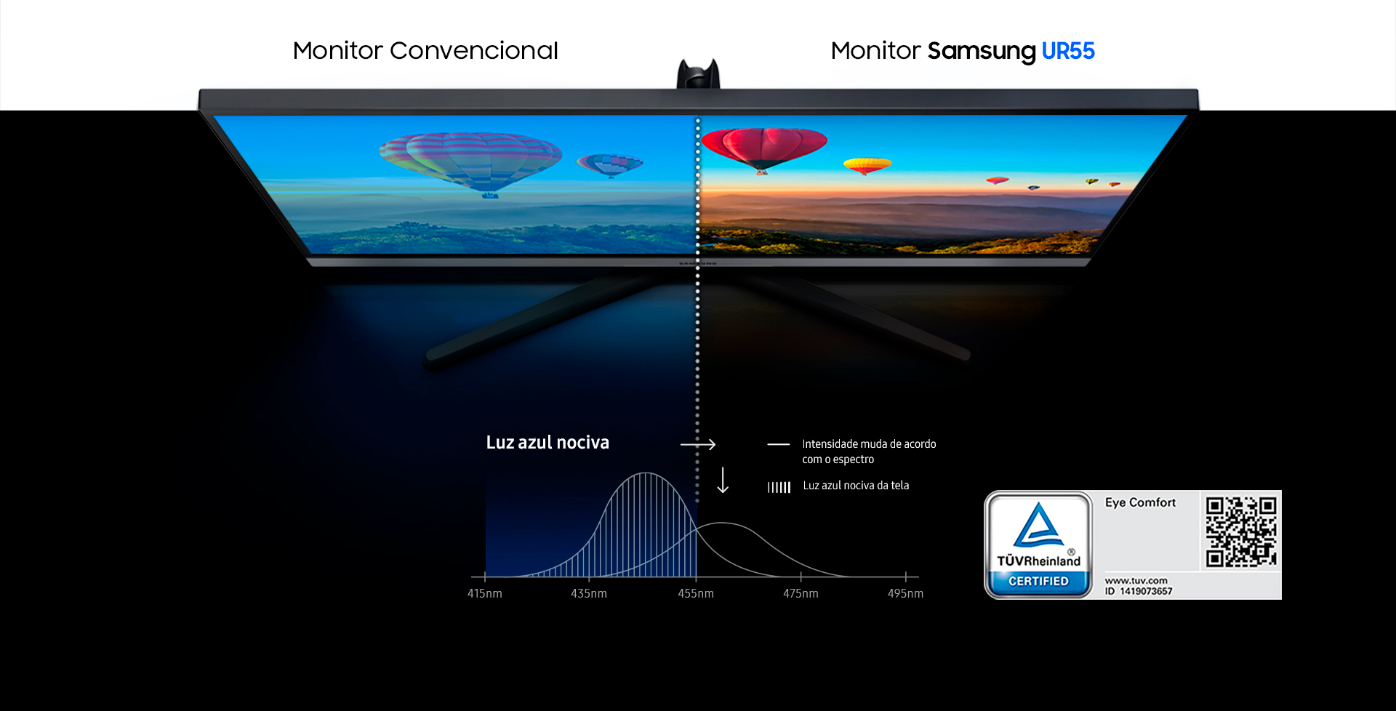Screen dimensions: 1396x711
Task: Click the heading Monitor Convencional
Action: (x=425, y=51)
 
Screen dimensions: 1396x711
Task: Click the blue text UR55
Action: (x=1068, y=51)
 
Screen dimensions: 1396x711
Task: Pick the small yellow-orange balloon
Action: (x=867, y=166)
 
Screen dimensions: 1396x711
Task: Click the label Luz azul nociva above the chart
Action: (x=547, y=443)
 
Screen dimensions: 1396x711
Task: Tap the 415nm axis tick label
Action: (x=484, y=593)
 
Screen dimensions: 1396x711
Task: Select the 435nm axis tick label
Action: (x=589, y=593)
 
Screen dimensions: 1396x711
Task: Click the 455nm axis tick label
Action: (x=696, y=593)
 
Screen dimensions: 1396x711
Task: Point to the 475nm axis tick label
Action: (x=801, y=593)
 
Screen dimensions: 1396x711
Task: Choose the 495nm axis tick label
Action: (x=905, y=593)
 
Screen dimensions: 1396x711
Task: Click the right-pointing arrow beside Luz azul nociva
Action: (x=698, y=444)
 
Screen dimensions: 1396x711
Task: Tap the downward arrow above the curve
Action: (x=723, y=481)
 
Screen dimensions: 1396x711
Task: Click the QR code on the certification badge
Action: (x=1241, y=531)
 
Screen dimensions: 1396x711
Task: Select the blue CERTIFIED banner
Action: (x=1038, y=582)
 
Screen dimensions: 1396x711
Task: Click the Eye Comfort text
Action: (x=1140, y=502)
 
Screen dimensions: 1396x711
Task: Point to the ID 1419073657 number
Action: (x=1139, y=591)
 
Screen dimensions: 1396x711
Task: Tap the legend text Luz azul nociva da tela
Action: (x=856, y=486)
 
